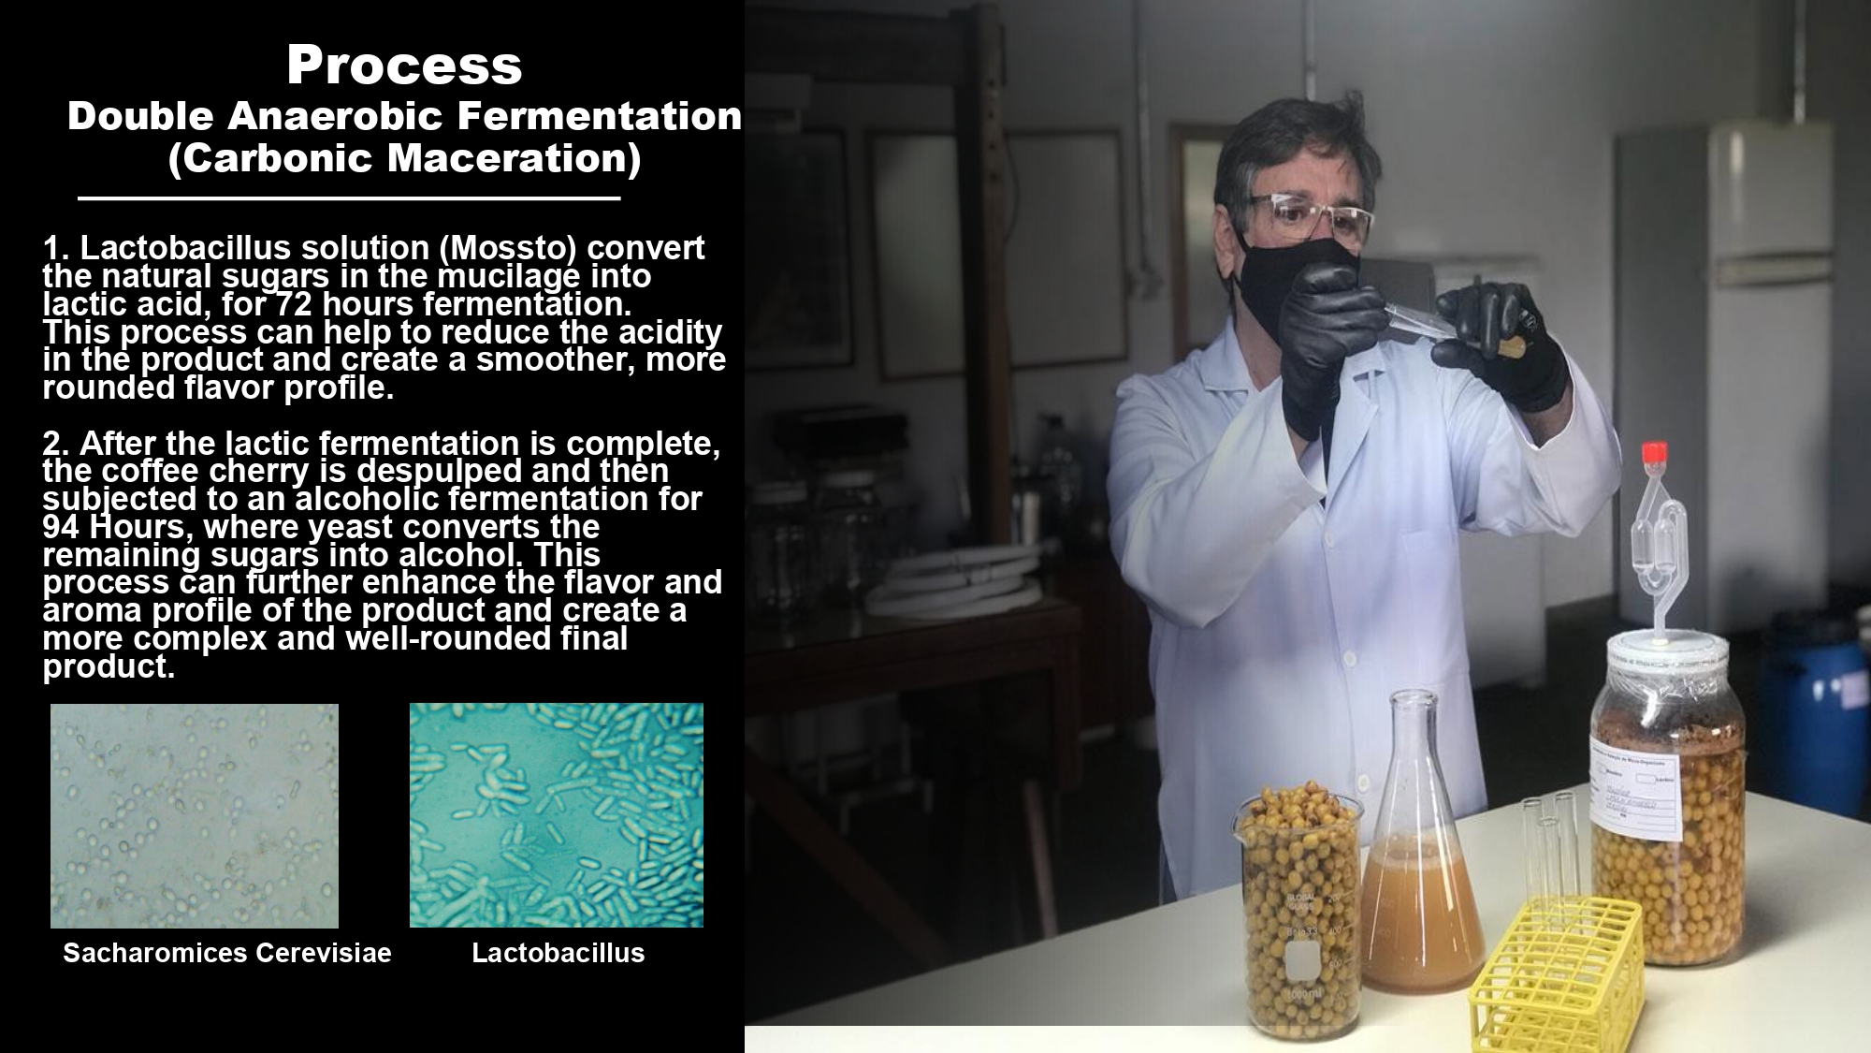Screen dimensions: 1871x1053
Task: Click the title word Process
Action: point(404,66)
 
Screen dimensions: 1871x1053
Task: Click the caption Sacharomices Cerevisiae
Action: point(227,953)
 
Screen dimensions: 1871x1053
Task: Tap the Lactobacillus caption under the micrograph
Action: point(558,953)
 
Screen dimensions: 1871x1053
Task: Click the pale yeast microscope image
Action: point(195,815)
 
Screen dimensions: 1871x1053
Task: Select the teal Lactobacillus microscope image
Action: point(557,815)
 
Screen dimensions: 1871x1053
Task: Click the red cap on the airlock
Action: point(1654,453)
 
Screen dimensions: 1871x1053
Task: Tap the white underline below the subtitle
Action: point(349,198)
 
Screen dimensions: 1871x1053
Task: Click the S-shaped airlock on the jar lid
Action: point(1658,552)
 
